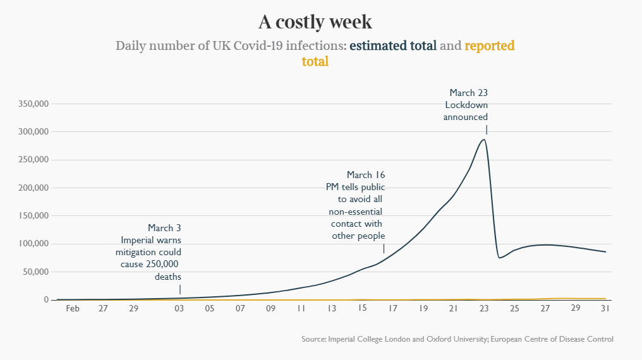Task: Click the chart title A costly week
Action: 315,22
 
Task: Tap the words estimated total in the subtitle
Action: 392,46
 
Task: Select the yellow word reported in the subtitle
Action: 490,46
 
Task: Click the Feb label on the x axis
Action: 73,309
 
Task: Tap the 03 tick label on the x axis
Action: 179,309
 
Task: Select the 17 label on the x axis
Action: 392,309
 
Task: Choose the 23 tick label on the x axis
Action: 484,309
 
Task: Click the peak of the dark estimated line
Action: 484,140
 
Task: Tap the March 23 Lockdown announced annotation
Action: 466,105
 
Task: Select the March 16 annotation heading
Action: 366,175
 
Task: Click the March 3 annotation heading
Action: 164,228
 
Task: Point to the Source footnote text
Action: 457,339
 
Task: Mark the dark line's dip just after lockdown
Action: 499,257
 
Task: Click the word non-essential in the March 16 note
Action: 356,212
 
